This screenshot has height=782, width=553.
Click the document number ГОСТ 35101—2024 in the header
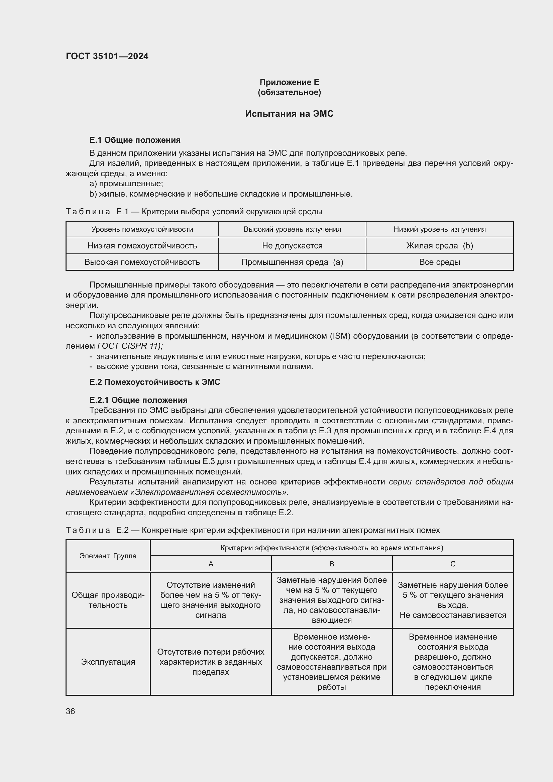coord(107,56)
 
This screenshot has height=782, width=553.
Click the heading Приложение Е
coord(289,82)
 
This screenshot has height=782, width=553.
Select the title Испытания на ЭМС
coord(289,114)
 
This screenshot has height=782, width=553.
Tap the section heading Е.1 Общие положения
coord(135,140)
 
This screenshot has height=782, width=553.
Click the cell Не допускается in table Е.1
coord(292,246)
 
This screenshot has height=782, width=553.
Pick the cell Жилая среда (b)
coord(439,246)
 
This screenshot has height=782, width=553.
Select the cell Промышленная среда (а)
coord(292,262)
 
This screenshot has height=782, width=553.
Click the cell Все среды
coord(439,262)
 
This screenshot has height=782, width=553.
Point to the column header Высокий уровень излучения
coord(292,229)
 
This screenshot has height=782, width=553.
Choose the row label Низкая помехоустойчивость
coord(142,246)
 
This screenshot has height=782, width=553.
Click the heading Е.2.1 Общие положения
coord(138,400)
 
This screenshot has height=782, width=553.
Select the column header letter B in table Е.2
coord(332,564)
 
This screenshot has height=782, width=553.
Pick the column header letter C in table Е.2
coord(453,564)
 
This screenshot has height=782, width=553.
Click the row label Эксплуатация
coord(108,662)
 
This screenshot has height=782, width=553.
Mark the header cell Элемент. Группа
coord(108,556)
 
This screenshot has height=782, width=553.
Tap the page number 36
coord(71,711)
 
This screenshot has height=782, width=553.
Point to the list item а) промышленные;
coord(126,184)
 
